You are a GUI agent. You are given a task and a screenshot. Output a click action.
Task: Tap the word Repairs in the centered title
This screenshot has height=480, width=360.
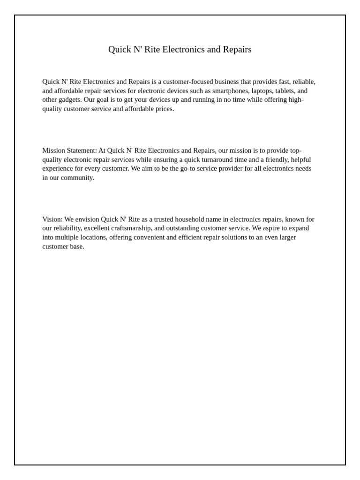[237, 50]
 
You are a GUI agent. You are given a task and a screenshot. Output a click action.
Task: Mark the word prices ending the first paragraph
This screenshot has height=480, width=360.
[165, 109]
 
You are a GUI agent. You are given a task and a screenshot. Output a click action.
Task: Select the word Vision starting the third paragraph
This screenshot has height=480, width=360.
[52, 219]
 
